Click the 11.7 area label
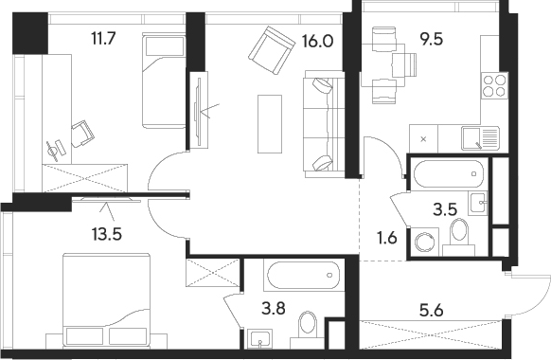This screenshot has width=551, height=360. [103, 38]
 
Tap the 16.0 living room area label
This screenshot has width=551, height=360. [317, 42]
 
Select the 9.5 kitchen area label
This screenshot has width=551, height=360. [432, 39]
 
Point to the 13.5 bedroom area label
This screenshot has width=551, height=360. [107, 234]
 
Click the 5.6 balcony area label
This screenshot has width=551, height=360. [432, 311]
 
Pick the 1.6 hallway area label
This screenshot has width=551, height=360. [387, 239]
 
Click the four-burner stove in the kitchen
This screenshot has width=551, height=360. [494, 86]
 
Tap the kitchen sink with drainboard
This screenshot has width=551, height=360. [480, 138]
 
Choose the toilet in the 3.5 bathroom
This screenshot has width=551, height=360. [459, 236]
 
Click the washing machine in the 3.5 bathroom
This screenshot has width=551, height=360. [425, 242]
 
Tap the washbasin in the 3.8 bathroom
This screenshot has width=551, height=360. [260, 339]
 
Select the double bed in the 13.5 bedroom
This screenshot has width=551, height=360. [106, 300]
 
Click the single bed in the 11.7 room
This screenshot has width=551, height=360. [164, 81]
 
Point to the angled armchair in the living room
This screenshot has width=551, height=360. [272, 50]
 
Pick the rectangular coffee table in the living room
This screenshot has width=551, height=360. [270, 124]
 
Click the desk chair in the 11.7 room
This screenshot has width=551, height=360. [83, 134]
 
